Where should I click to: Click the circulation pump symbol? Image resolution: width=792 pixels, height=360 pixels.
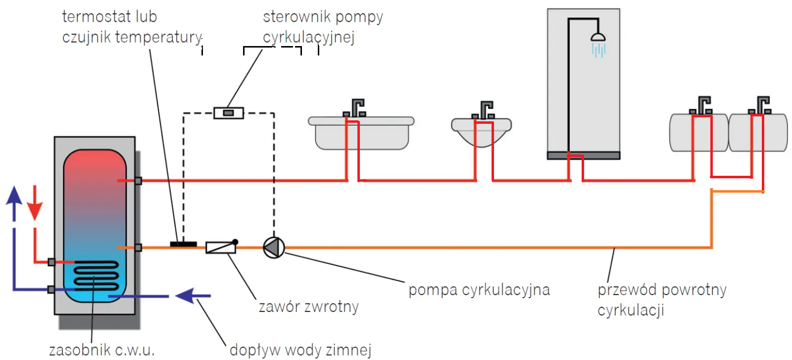point(274,248)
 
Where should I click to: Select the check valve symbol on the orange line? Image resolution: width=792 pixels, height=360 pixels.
point(221,247)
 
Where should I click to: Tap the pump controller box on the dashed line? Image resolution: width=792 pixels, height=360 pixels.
point(229,113)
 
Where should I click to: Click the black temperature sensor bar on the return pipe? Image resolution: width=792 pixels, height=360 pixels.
point(183,244)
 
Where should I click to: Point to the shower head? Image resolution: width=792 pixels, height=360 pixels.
point(598,37)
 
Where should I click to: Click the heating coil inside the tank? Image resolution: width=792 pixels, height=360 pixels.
point(96,275)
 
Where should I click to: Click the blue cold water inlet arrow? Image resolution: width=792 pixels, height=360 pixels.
point(193,296)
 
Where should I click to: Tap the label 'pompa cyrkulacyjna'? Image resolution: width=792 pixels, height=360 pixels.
point(479,290)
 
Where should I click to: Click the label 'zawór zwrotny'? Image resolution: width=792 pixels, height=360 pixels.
point(309,307)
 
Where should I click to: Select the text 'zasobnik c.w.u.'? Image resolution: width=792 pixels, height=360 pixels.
point(102,350)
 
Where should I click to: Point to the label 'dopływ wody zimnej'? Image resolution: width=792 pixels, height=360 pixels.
point(300,351)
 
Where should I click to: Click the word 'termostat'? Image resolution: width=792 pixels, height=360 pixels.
point(94,17)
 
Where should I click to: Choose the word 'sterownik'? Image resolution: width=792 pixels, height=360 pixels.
point(297,17)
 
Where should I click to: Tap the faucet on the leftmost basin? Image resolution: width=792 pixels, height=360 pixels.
point(354,108)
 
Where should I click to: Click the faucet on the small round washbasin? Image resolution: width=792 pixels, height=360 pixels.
point(483,110)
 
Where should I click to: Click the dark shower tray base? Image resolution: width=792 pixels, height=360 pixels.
point(584,155)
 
